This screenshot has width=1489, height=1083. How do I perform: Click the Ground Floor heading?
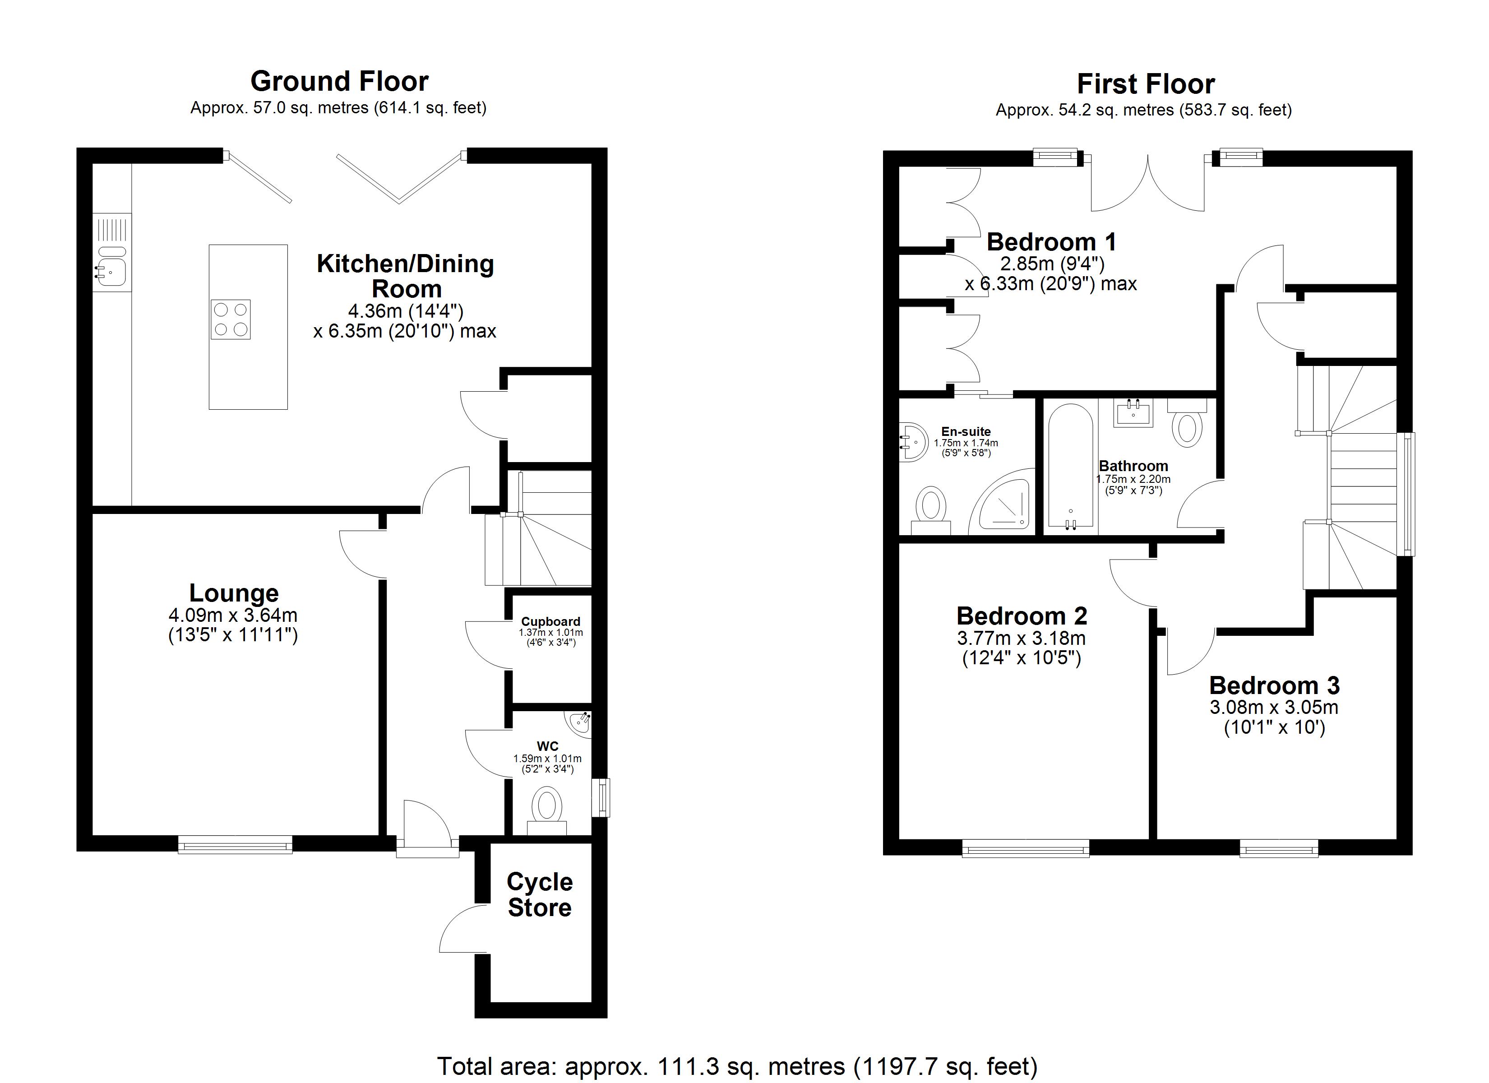click(x=339, y=81)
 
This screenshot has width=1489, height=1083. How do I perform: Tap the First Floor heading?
click(x=1146, y=84)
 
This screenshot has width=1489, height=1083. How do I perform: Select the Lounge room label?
click(x=234, y=593)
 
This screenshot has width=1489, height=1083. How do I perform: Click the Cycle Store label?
click(x=540, y=894)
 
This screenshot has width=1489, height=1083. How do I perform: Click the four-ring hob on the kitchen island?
click(x=231, y=319)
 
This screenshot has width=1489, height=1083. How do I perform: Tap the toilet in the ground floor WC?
click(x=547, y=810)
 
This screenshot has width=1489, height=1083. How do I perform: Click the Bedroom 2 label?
click(x=1022, y=616)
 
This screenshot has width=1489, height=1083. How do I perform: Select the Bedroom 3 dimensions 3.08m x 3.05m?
click(x=1274, y=707)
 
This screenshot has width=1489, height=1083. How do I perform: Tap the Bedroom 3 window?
click(x=1279, y=848)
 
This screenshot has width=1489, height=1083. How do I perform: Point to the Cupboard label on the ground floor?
click(x=551, y=621)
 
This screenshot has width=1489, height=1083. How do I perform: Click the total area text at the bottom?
click(x=737, y=1066)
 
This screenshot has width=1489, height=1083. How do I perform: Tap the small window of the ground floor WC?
click(x=601, y=798)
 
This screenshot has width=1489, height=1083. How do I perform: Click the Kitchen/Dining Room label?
click(x=406, y=276)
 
